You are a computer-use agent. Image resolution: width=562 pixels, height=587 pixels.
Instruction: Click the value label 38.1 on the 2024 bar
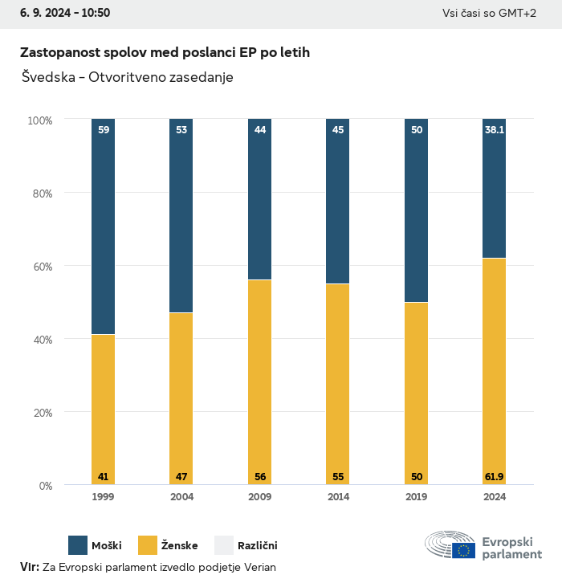point(495,129)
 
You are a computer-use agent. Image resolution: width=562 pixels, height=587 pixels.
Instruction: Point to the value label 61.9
point(495,477)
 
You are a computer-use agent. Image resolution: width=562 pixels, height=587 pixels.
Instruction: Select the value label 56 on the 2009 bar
point(259,477)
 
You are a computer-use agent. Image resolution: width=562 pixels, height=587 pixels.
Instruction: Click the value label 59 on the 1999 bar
point(103,129)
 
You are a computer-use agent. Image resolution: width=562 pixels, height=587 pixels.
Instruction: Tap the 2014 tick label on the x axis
point(338,497)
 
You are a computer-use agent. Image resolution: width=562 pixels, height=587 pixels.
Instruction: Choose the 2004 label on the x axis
point(181,497)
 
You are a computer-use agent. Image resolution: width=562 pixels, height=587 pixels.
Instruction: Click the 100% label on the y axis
point(39,120)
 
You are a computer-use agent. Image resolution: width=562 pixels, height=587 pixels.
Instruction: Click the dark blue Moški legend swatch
point(78,545)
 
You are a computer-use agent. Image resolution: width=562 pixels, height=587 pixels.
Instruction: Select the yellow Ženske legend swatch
point(149,545)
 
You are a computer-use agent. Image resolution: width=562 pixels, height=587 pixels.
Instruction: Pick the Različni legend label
point(257,546)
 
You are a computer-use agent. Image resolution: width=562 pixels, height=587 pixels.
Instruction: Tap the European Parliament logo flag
point(463,550)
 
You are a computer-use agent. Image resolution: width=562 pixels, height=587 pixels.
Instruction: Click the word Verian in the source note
point(258,567)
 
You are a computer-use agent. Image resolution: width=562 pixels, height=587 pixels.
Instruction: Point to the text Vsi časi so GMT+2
point(489,13)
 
